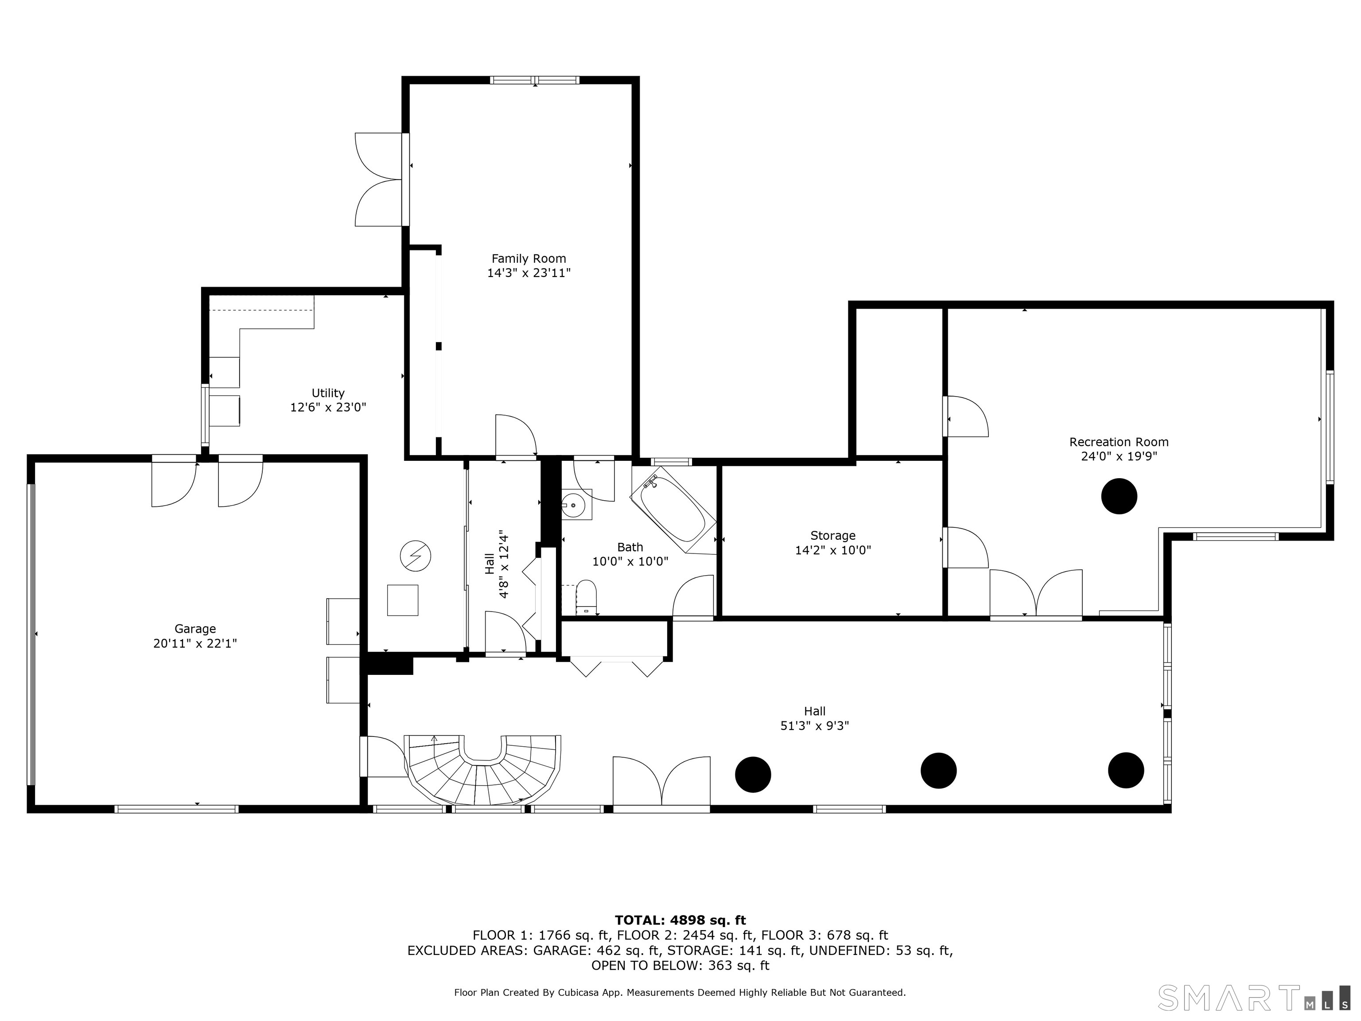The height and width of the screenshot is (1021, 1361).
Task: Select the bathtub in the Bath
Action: tap(673, 510)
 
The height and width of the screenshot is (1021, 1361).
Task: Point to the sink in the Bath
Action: tap(576, 505)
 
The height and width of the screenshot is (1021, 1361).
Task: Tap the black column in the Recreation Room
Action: tap(1119, 496)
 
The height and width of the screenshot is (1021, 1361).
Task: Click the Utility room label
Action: tap(328, 393)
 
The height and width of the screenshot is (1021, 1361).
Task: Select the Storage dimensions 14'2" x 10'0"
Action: tap(832, 550)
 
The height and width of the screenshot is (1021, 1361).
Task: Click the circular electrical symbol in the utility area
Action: tap(415, 556)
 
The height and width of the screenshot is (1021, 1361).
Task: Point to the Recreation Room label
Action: tap(1119, 442)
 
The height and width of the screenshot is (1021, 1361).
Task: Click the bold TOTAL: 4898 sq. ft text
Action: tap(680, 920)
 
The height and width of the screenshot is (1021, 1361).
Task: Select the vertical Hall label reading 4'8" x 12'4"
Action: tap(497, 564)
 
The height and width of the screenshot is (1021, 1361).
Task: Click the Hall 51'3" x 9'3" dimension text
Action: tap(815, 725)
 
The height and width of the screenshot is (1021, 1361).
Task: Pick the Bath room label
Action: tap(630, 547)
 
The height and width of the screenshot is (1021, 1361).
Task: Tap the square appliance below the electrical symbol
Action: tap(402, 600)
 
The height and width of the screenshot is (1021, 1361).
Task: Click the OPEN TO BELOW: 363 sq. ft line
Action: tap(680, 966)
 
